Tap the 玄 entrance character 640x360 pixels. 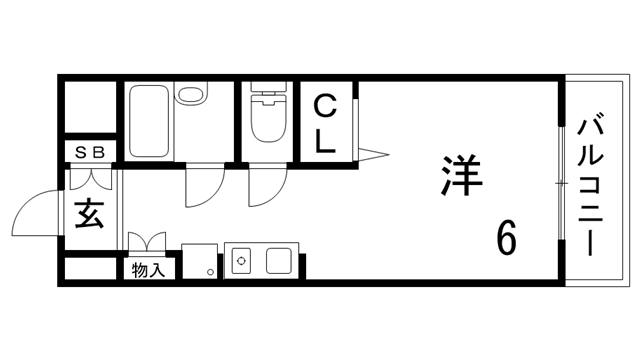[x=89, y=213]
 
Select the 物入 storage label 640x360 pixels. [x=150, y=269]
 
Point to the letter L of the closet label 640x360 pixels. [x=325, y=141]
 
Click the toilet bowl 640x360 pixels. [x=267, y=122]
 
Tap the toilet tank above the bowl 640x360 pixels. [x=267, y=90]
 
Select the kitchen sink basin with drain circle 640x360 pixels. [x=242, y=262]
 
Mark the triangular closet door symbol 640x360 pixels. [x=371, y=153]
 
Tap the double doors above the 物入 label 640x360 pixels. [x=146, y=243]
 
